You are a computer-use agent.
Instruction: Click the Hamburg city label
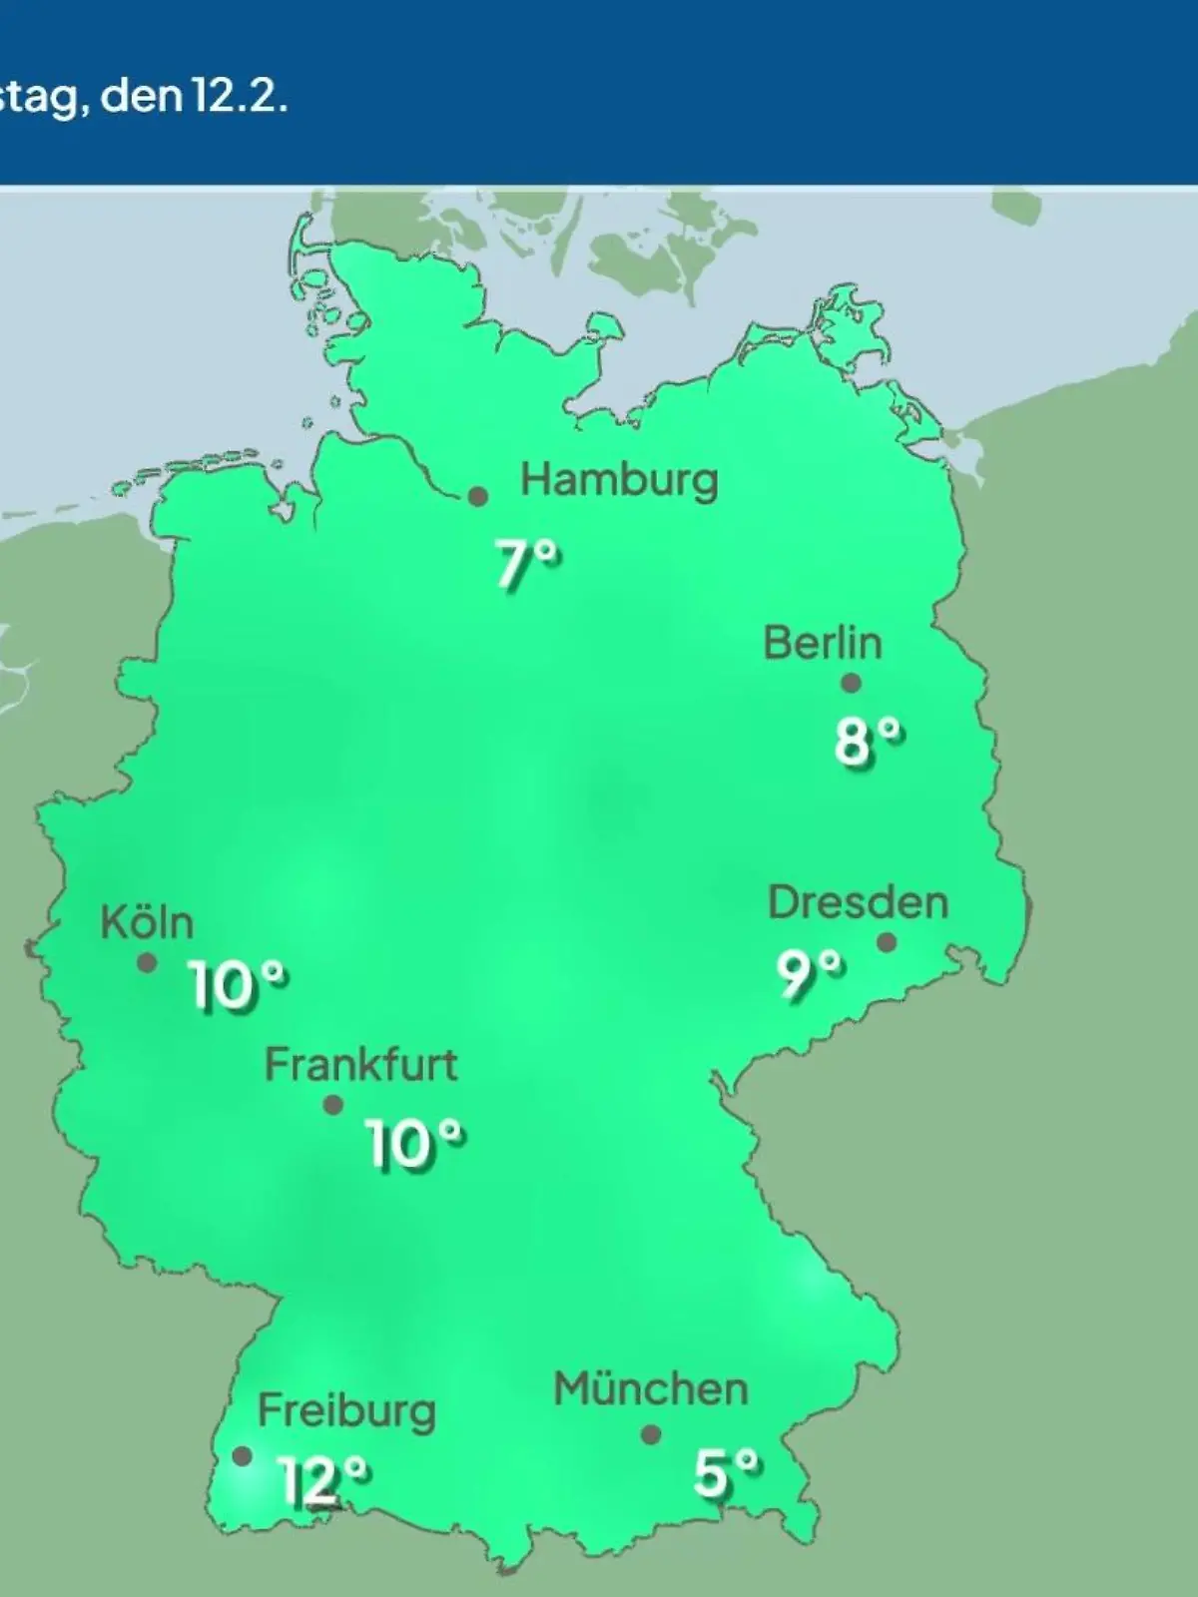619,481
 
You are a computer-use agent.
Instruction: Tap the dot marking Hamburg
479,496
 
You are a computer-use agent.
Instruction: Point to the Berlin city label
823,643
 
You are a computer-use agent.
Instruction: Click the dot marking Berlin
851,684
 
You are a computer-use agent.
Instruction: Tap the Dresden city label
858,903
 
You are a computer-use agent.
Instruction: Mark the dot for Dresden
886,942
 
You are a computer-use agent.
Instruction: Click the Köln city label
147,923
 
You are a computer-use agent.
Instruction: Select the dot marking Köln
147,963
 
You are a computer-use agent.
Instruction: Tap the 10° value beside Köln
238,988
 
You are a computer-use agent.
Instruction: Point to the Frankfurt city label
360,1065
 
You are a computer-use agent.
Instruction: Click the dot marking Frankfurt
333,1105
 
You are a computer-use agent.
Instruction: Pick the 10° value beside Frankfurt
413,1144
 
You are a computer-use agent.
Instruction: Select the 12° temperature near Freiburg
323,1481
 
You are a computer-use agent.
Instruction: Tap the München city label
651,1389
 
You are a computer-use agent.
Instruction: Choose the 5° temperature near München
726,1473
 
